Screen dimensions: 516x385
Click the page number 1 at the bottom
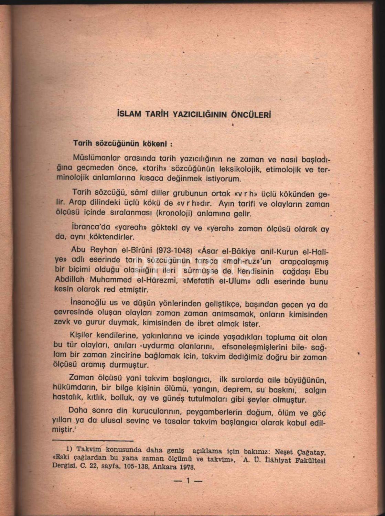pyautogui.click(x=188, y=481)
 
